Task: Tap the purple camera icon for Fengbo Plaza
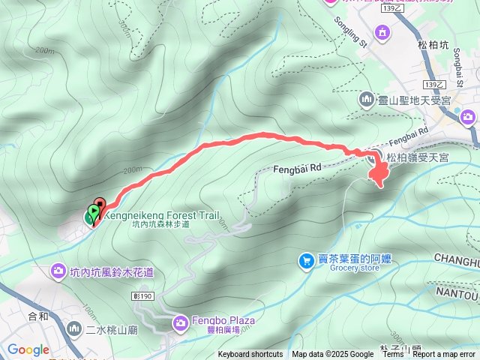(x=180, y=323)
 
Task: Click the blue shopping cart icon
(x=306, y=260)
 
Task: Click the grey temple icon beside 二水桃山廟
(x=74, y=328)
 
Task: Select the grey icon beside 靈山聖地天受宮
(x=367, y=98)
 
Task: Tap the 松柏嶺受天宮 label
(x=417, y=157)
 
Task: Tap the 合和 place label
(x=37, y=315)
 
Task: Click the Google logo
(x=28, y=349)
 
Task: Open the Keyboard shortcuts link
(x=250, y=355)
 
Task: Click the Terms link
(x=392, y=355)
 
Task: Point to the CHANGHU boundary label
(x=457, y=261)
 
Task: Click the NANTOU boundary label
(x=457, y=293)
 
